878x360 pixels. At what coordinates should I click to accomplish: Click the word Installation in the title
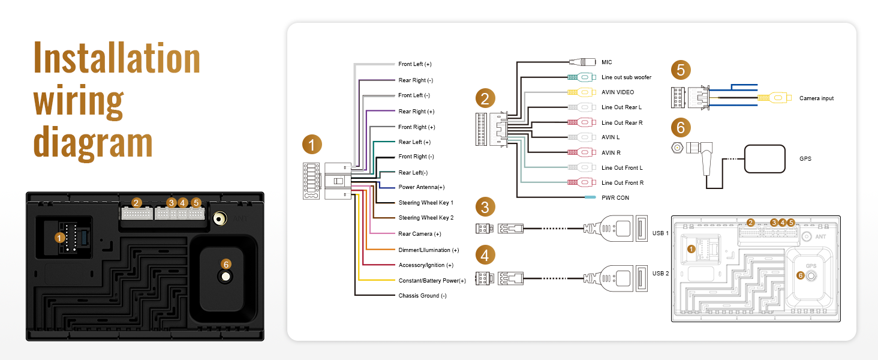pos(117,58)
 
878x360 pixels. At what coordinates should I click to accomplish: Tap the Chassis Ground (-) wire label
pos(422,296)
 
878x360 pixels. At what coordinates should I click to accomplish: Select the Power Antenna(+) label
pos(422,187)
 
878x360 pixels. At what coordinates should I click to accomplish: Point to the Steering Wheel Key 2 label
pos(426,218)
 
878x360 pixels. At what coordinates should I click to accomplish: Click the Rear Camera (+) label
pos(419,234)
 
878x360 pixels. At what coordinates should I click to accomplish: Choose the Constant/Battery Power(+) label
pos(432,281)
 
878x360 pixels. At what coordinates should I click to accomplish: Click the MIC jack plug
pos(582,62)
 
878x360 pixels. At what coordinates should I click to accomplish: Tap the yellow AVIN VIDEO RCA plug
pos(580,92)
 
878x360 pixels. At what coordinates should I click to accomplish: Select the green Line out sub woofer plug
pos(580,77)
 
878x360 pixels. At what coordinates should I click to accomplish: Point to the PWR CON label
pos(615,197)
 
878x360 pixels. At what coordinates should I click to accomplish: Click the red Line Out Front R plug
pos(580,182)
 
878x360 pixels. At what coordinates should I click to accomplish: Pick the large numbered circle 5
pos(681,70)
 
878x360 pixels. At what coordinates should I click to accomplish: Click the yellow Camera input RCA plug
pos(774,98)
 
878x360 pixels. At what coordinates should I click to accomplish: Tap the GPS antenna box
pos(764,159)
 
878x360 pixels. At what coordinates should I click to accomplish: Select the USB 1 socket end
pos(641,228)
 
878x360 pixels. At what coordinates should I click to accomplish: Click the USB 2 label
pos(660,274)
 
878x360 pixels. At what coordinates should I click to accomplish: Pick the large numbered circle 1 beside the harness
pos(312,145)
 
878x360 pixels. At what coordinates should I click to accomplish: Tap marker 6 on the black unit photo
pos(225,265)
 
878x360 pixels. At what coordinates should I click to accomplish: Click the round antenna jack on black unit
pos(220,218)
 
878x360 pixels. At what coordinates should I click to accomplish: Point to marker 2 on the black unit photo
pos(136,203)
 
